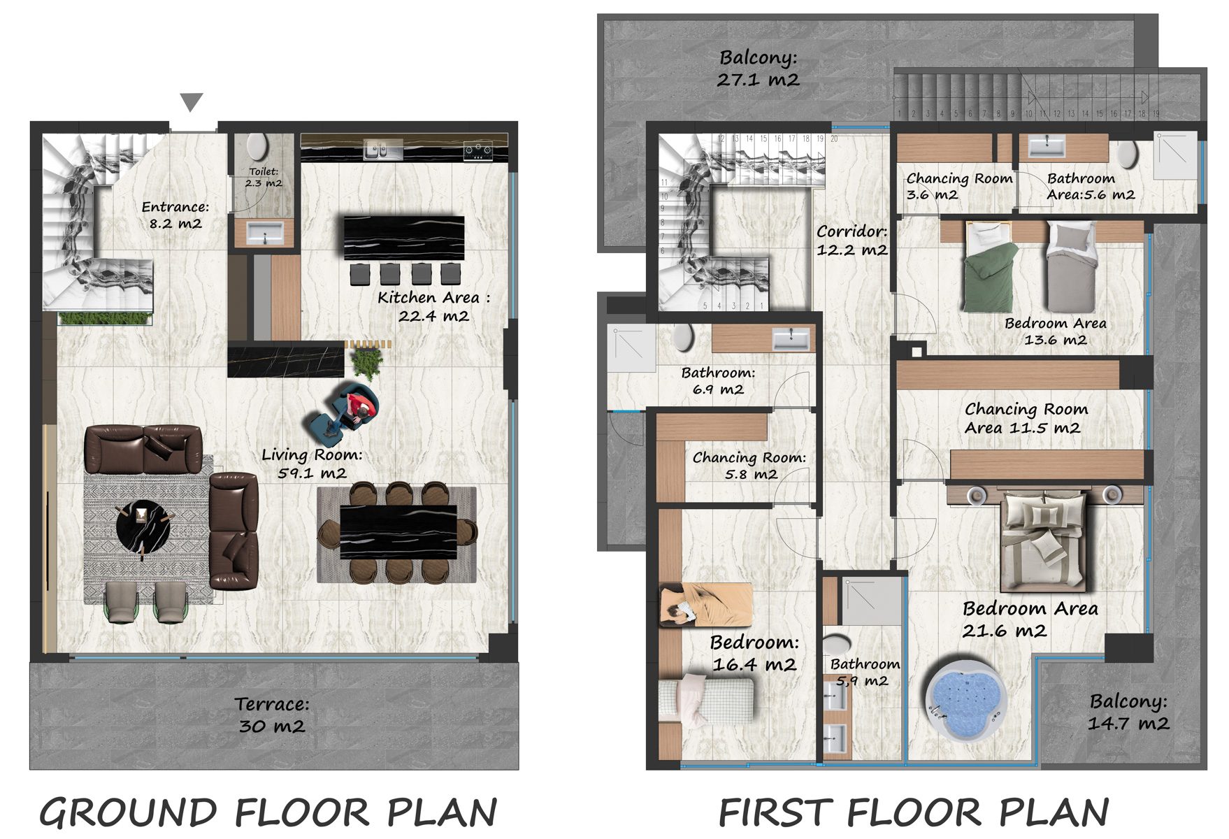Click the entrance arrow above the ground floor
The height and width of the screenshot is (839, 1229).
[x=191, y=101]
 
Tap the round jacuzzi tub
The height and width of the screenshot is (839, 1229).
[x=965, y=698]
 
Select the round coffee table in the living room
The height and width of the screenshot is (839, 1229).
[x=143, y=526]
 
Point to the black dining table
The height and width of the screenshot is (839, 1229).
[x=398, y=532]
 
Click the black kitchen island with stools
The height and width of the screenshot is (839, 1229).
[x=404, y=238]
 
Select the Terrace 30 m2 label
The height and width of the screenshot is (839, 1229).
[x=272, y=715]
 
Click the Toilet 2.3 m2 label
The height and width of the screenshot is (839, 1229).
[x=264, y=177]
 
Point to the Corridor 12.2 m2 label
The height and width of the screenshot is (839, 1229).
[x=851, y=240]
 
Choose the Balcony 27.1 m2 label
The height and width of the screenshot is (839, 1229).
[x=759, y=68]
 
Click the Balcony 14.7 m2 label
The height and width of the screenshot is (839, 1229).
[x=1128, y=712]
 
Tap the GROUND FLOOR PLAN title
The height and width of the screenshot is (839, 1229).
[x=268, y=813]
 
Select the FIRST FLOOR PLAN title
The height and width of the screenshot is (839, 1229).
[x=914, y=813]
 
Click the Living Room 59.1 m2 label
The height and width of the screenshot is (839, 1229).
[x=312, y=464]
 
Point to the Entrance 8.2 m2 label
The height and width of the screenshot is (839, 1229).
[x=175, y=215]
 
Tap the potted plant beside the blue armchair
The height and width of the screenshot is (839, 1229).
[x=366, y=362]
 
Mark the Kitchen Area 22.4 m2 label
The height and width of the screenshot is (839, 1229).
[x=433, y=306]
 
